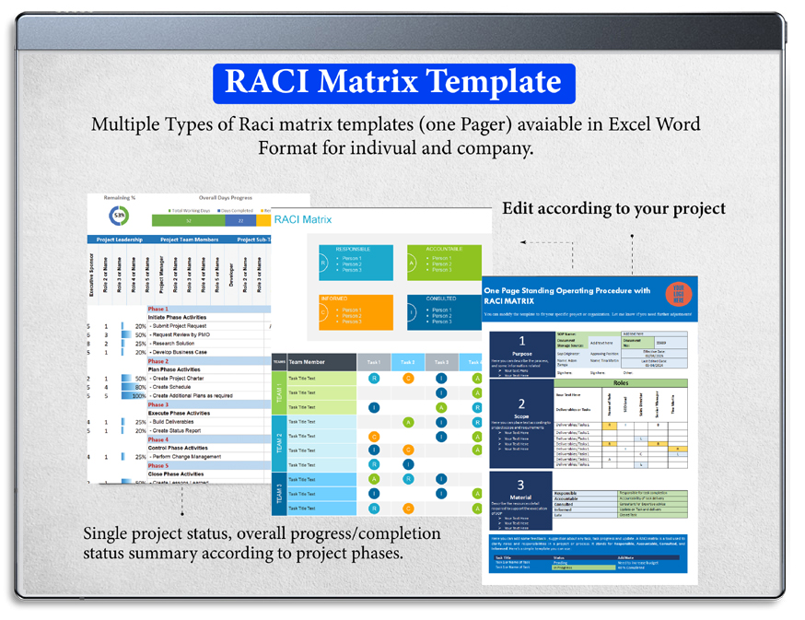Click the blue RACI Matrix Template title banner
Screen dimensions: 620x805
click(x=393, y=83)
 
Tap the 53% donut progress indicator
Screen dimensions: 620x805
click(x=119, y=216)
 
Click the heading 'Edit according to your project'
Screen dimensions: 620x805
click(x=613, y=209)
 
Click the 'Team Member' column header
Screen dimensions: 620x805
click(x=307, y=362)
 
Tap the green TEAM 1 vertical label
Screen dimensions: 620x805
click(x=278, y=392)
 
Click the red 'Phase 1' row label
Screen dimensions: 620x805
click(x=158, y=309)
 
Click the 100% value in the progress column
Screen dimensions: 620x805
click(x=139, y=396)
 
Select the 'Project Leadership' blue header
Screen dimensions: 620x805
click(x=120, y=240)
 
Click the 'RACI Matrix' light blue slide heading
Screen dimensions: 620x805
click(x=303, y=219)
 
